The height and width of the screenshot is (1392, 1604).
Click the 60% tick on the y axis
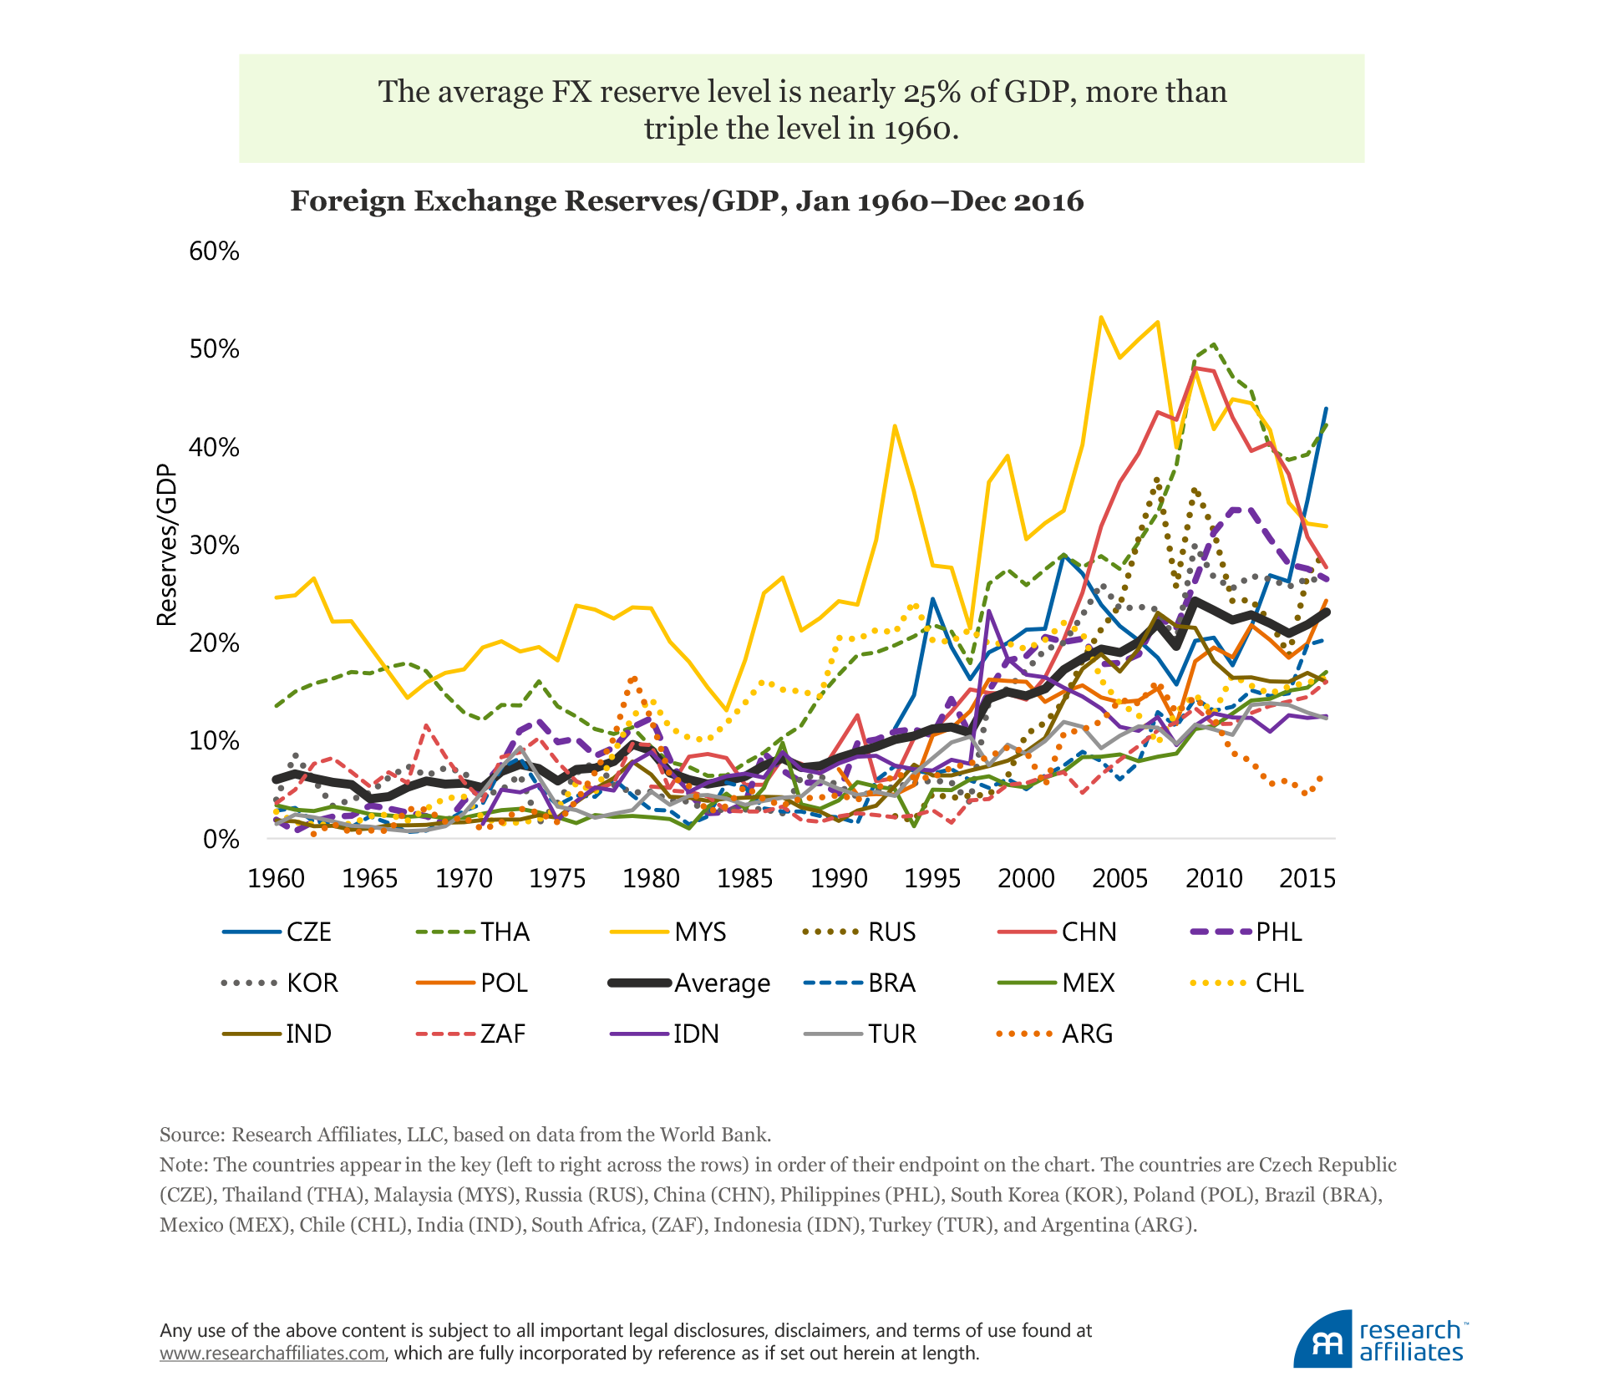(x=214, y=251)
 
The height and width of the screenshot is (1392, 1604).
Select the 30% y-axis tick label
(x=214, y=545)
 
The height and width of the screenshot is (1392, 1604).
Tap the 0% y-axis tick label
(x=221, y=839)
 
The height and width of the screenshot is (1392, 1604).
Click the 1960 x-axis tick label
(x=277, y=878)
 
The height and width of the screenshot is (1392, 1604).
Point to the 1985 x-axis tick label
(x=745, y=878)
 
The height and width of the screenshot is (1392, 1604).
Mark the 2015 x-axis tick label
(x=1307, y=878)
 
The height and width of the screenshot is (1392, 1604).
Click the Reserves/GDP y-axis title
(x=167, y=545)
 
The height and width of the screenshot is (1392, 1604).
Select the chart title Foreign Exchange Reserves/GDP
(x=687, y=201)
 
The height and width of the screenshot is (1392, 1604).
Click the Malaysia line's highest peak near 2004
(x=1101, y=317)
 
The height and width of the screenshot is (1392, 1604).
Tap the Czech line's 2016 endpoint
(x=1326, y=409)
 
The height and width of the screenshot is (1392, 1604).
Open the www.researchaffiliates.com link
(x=272, y=1353)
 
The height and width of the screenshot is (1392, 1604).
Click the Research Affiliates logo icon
(x=1322, y=1339)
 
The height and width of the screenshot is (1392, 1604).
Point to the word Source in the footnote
(x=190, y=1135)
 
